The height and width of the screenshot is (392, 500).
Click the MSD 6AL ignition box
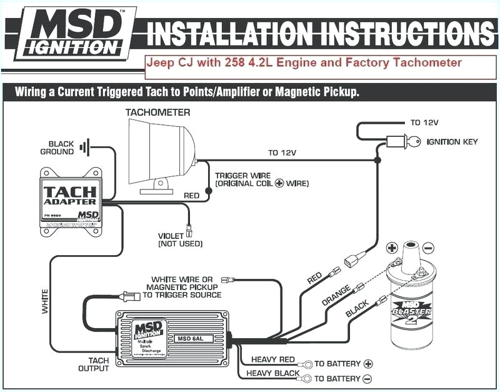click(x=173, y=338)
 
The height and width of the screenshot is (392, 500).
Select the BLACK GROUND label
click(x=57, y=147)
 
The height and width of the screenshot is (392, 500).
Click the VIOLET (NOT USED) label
click(x=180, y=239)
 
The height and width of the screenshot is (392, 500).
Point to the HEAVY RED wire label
click(x=272, y=359)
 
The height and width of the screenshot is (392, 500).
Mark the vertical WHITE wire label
click(x=45, y=301)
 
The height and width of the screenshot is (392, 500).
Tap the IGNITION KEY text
click(x=452, y=142)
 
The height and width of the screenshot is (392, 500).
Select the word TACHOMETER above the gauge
click(x=157, y=113)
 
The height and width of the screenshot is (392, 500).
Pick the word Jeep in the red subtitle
click(x=159, y=63)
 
